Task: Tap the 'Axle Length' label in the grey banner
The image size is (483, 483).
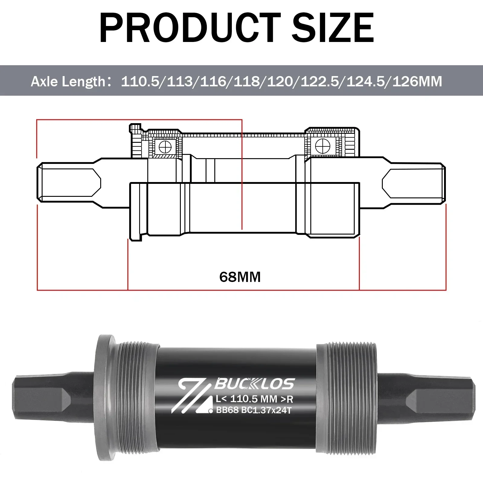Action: pyautogui.click(x=68, y=82)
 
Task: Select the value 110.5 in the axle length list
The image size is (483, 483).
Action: pyautogui.click(x=140, y=82)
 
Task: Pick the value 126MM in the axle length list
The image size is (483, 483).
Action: pyautogui.click(x=417, y=82)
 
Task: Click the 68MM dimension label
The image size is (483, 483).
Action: pyautogui.click(x=240, y=277)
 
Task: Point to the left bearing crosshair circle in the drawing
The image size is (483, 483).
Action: pyautogui.click(x=165, y=148)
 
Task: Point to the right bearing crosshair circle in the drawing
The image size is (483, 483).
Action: pyautogui.click(x=322, y=146)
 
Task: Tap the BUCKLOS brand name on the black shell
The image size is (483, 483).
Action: pyautogui.click(x=254, y=384)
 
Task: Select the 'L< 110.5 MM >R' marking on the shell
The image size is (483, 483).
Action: pyautogui.click(x=254, y=399)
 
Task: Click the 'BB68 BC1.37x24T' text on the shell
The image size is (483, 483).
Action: pyautogui.click(x=254, y=410)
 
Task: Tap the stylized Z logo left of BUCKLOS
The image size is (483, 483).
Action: pyautogui.click(x=193, y=395)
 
